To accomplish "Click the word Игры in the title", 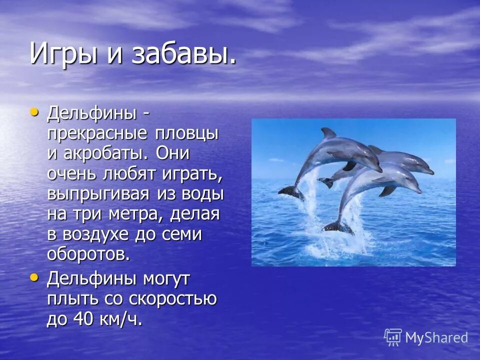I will point(62,54).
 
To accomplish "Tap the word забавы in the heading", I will point(183,54).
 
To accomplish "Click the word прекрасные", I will point(97,133).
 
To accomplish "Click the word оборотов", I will point(88,254).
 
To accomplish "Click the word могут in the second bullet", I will point(165,278).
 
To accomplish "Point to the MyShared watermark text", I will point(436,337).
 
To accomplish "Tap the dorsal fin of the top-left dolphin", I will point(328,133).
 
